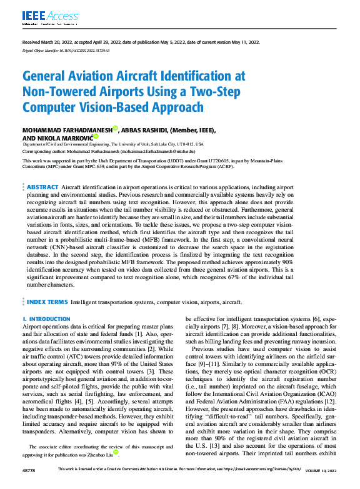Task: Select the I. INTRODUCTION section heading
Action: [46, 319]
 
